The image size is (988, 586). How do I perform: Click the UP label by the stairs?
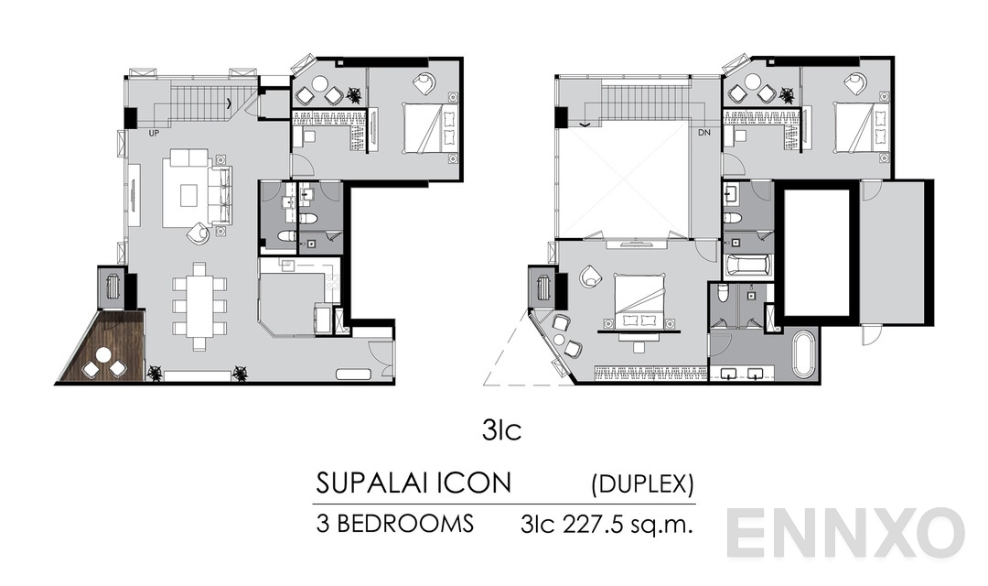(155, 133)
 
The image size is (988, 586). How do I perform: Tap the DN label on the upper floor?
(703, 133)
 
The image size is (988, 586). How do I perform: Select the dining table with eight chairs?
(199, 305)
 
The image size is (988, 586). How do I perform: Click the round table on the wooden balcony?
(103, 354)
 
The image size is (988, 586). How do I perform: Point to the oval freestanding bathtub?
(802, 353)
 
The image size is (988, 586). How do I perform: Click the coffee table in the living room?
(188, 195)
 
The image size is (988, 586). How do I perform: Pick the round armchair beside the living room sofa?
(198, 234)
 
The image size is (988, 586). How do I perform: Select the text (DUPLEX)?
(643, 483)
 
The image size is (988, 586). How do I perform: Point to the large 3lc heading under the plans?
(502, 430)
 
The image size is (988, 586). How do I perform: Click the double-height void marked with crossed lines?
(625, 180)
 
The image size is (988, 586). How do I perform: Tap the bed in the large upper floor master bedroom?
(639, 298)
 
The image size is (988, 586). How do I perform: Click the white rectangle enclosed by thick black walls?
(817, 252)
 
